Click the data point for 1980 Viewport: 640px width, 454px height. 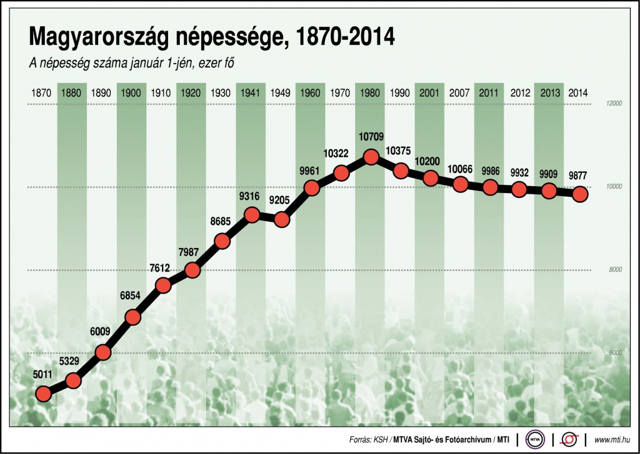click(371, 157)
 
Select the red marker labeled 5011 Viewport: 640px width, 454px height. click(43, 394)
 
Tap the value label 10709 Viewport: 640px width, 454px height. click(371, 137)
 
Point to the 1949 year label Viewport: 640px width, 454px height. click(281, 93)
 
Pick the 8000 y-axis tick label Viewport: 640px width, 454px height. click(615, 270)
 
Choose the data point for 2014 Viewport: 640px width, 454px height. click(580, 194)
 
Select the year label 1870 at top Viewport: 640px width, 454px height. click(42, 93)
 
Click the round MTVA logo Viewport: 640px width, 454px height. click(534, 440)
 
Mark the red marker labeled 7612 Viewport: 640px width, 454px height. click(163, 285)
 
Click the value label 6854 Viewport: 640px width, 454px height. click(130, 298)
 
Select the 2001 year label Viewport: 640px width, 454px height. click(429, 93)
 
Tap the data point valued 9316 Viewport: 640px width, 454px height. click(251, 215)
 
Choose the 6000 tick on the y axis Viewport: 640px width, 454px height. click(615, 353)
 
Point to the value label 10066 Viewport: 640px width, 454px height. click(460, 169)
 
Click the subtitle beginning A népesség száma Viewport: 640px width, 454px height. click(132, 63)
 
